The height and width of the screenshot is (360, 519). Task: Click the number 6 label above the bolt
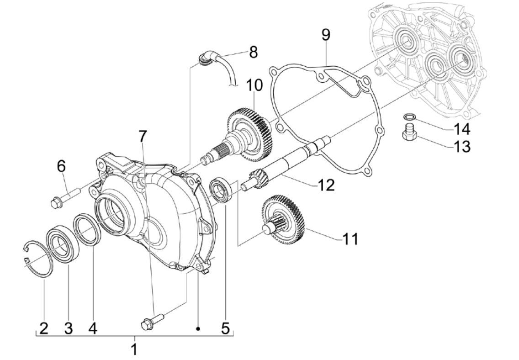click(x=62, y=166)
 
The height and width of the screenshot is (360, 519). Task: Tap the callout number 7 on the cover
click(x=143, y=136)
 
